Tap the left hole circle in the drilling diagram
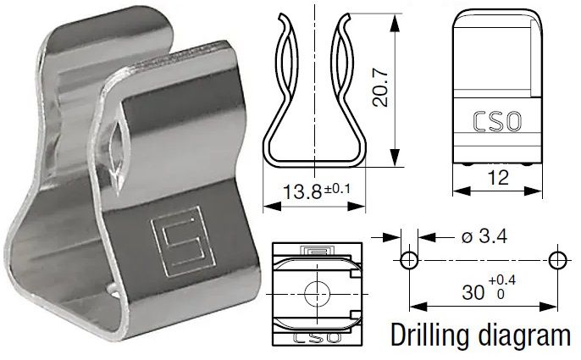[x=408, y=259]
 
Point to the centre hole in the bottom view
[x=318, y=292]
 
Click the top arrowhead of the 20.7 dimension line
[x=395, y=19]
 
